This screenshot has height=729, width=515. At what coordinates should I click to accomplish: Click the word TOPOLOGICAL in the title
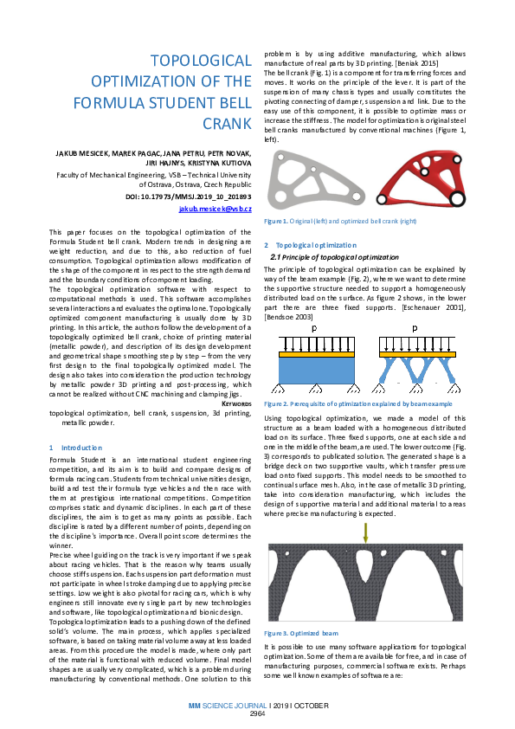tap(201, 61)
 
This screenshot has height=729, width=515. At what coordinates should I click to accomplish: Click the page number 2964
tap(257, 713)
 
